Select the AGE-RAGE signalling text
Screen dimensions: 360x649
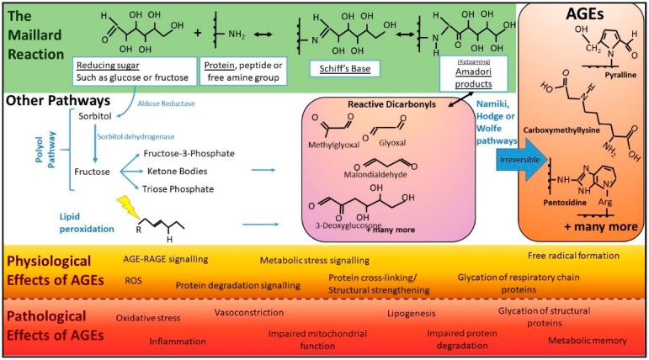(166, 259)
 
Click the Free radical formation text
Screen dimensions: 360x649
(573, 255)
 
